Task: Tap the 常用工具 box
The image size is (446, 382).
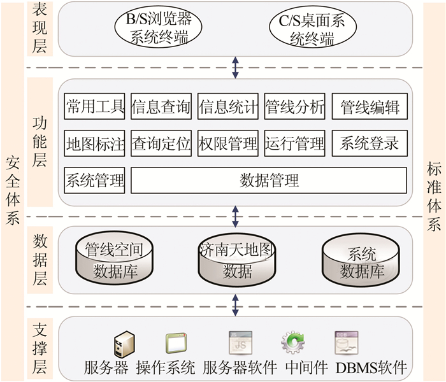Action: click(x=95, y=107)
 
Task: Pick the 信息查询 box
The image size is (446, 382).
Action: click(x=161, y=107)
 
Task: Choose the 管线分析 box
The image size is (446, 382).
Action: click(x=294, y=107)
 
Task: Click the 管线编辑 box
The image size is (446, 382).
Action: click(x=370, y=107)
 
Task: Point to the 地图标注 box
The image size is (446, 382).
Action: click(x=95, y=144)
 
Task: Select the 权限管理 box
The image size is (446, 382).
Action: click(x=227, y=144)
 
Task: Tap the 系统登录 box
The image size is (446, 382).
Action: click(x=370, y=144)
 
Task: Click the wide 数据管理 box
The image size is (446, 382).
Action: click(x=269, y=180)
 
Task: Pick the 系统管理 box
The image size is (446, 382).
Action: click(x=95, y=180)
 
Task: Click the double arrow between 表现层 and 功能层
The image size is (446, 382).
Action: click(x=236, y=66)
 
